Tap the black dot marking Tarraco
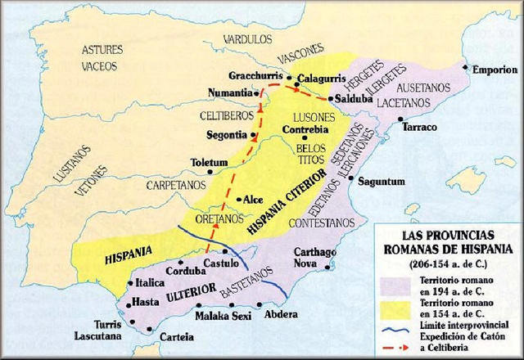tap(403, 118)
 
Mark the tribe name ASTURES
tap(102, 50)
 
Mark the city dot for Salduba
tap(330, 99)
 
